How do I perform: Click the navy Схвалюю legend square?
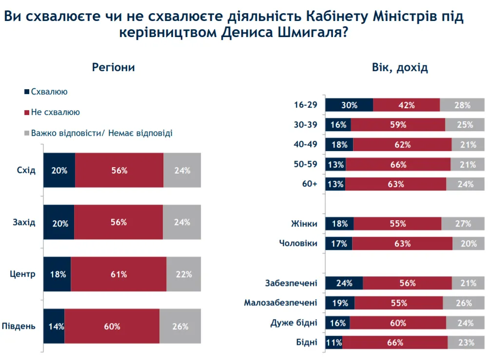[x=26, y=92]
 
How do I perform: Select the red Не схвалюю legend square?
[x=26, y=113]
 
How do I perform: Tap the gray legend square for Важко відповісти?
[x=26, y=133]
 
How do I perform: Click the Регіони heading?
[x=113, y=68]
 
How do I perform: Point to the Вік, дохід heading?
[x=400, y=68]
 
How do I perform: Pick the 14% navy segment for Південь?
[x=54, y=326]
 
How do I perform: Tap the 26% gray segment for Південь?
[x=180, y=326]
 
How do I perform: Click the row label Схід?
[x=26, y=171]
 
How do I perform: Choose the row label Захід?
[x=24, y=223]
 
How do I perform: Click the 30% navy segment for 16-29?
[x=349, y=105]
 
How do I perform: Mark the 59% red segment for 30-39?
[x=398, y=125]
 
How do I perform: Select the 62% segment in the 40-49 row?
[x=402, y=145]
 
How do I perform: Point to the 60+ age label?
[x=309, y=184]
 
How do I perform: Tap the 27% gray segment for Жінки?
[x=463, y=224]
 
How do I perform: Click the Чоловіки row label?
[x=298, y=243]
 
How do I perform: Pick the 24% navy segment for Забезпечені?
[x=344, y=283]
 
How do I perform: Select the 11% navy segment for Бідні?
[x=334, y=342]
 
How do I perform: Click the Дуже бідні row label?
[x=293, y=322]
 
